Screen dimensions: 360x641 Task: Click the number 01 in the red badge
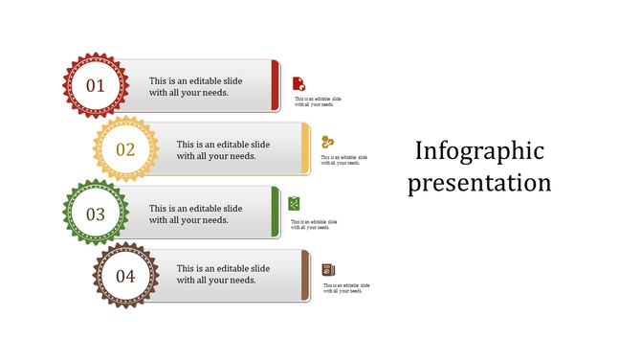click(x=96, y=86)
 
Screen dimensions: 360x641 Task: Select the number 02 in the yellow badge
click(x=125, y=149)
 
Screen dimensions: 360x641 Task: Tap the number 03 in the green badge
click(x=96, y=214)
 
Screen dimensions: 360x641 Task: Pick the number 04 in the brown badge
click(x=125, y=278)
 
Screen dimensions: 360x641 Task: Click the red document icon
click(x=298, y=83)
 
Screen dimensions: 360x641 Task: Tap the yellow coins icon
click(x=328, y=142)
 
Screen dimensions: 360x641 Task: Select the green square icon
click(x=295, y=203)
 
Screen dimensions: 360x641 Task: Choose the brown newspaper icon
click(x=328, y=269)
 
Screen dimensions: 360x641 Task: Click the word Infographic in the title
click(x=479, y=151)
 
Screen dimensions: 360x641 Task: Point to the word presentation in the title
click(x=479, y=182)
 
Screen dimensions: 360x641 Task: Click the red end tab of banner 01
click(x=276, y=85)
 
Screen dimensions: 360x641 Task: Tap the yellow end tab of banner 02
click(x=305, y=148)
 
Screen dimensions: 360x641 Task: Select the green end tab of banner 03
click(x=276, y=212)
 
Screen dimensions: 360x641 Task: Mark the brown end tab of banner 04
click(x=305, y=276)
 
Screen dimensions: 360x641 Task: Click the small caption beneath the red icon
click(x=317, y=101)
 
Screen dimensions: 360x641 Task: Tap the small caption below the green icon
click(x=314, y=224)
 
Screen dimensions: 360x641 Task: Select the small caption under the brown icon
click(x=345, y=288)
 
